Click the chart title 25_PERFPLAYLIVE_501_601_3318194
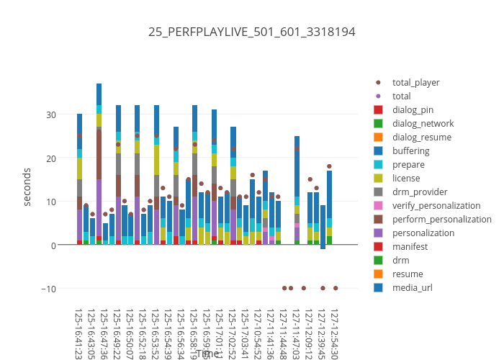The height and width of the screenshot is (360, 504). (x=251, y=32)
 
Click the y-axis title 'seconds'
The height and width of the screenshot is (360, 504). (x=27, y=186)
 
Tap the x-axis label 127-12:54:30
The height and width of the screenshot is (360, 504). (x=336, y=335)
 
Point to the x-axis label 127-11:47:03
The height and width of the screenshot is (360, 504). (x=297, y=335)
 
